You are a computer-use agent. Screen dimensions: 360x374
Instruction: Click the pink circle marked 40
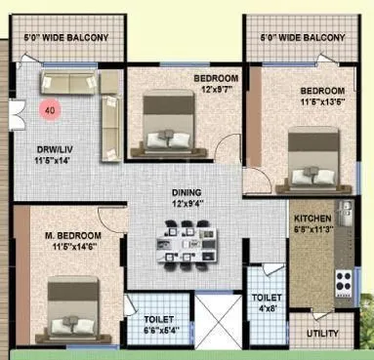tap(49, 111)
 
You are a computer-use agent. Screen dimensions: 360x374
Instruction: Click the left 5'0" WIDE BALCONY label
tap(66, 39)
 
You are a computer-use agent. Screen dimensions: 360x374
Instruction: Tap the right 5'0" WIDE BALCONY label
tap(303, 39)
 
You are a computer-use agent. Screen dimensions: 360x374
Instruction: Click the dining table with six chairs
tap(182, 239)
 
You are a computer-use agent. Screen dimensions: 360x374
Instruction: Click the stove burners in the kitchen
tap(343, 282)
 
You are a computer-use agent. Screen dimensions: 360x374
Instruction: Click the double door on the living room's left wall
tap(17, 115)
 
